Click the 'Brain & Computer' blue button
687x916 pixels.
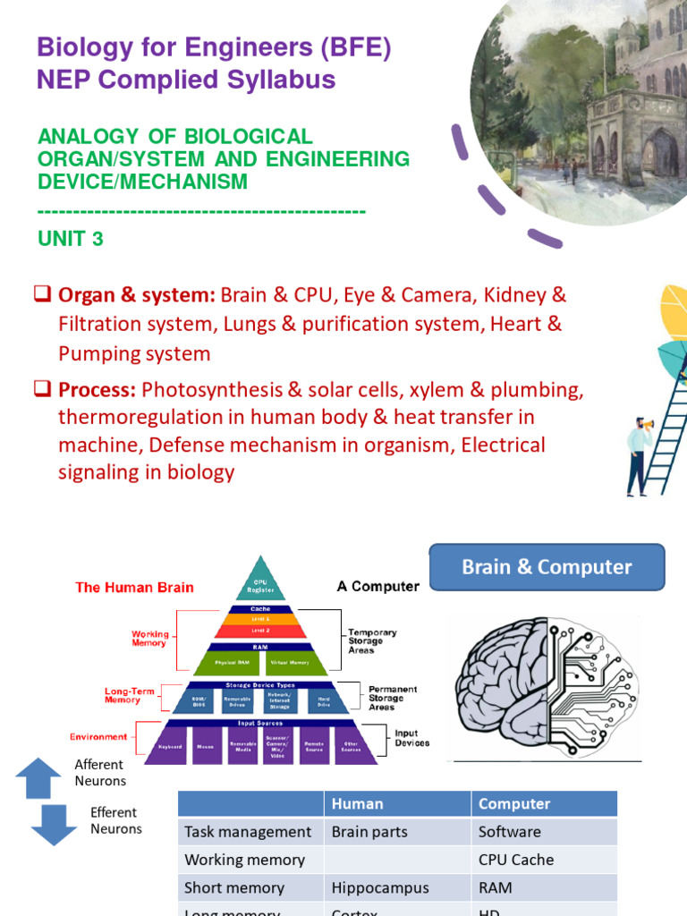pyautogui.click(x=547, y=567)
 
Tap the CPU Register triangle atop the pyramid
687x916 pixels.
pyautogui.click(x=259, y=582)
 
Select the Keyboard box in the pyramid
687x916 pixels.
pyautogui.click(x=170, y=745)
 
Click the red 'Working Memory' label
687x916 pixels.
pyautogui.click(x=149, y=638)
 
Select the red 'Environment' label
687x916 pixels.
pyautogui.click(x=98, y=737)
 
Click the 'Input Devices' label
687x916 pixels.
pyautogui.click(x=411, y=738)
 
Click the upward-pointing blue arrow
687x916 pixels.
pyautogui.click(x=38, y=777)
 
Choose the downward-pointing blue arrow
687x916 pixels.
pyautogui.click(x=54, y=824)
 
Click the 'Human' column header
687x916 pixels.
pyautogui.click(x=357, y=803)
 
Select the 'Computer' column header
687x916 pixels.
pyautogui.click(x=514, y=803)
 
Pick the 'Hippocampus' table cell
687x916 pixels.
pyautogui.click(x=380, y=887)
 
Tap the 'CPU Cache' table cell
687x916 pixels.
pyautogui.click(x=516, y=860)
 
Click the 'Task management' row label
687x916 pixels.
pyautogui.click(x=248, y=832)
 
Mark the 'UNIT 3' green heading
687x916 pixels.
pyautogui.click(x=71, y=239)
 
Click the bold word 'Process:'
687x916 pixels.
pyautogui.click(x=97, y=390)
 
